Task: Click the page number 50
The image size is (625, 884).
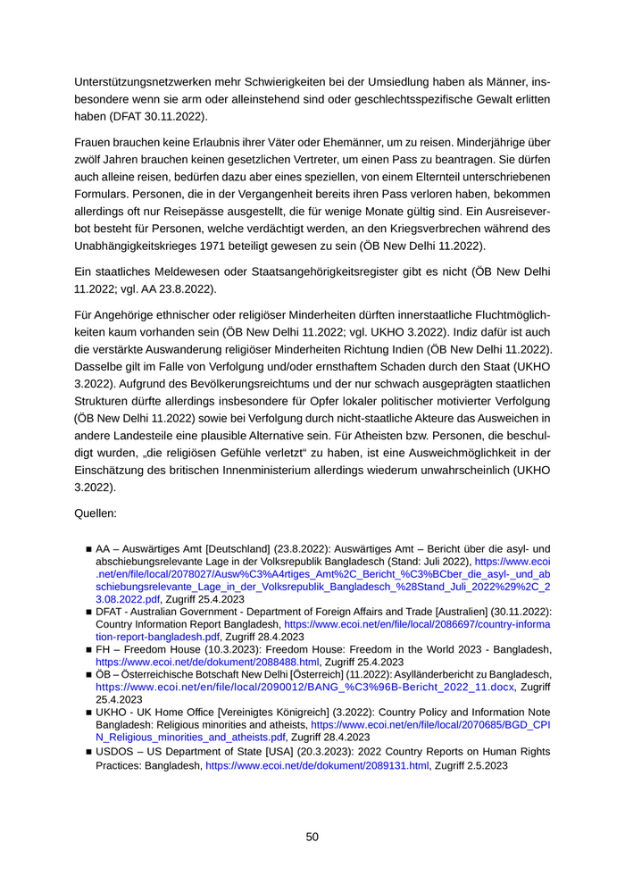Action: (x=312, y=837)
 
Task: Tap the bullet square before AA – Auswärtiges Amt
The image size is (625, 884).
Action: (x=89, y=549)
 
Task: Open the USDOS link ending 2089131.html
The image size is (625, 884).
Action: (x=318, y=766)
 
